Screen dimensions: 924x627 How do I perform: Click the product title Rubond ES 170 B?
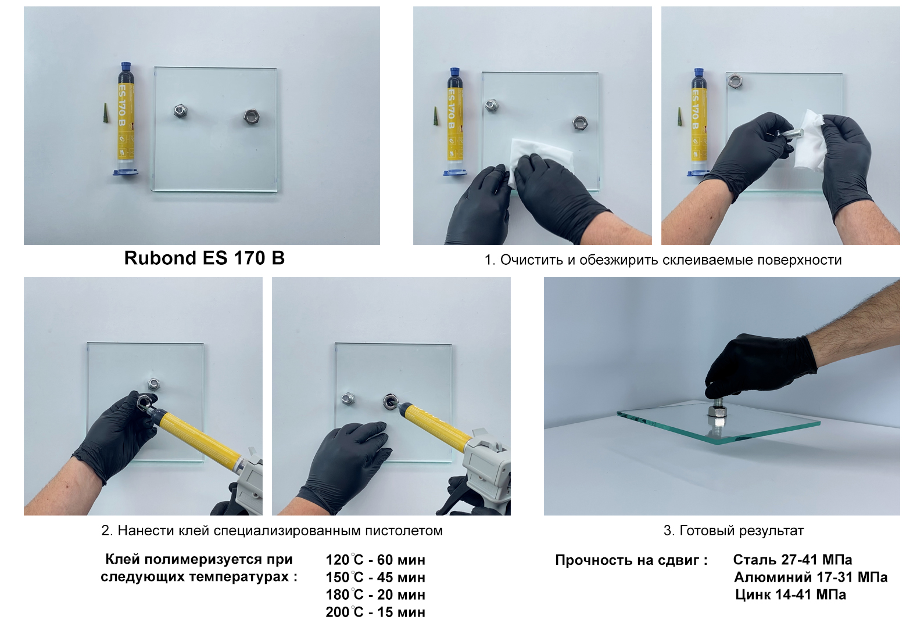tap(204, 258)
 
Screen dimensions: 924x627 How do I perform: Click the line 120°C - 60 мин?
tap(375, 560)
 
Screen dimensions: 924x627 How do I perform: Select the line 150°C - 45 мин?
tap(375, 577)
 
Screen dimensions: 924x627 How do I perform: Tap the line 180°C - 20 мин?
tap(375, 594)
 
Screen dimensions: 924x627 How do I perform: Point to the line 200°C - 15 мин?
tap(375, 612)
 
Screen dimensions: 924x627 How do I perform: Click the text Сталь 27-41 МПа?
tap(793, 560)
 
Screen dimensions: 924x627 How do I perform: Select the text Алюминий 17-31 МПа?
tap(811, 577)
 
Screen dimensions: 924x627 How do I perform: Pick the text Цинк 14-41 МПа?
tap(790, 594)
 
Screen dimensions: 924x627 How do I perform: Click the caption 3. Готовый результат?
tap(733, 531)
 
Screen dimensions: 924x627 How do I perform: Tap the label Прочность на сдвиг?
tap(631, 560)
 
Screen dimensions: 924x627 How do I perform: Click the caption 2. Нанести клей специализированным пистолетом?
tap(272, 531)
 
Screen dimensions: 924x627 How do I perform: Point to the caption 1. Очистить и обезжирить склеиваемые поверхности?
tap(663, 260)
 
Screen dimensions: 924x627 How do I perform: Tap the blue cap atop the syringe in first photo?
tap(126, 66)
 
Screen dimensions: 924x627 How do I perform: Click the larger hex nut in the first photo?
tap(251, 117)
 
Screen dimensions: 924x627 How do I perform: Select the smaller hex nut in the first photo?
tap(180, 111)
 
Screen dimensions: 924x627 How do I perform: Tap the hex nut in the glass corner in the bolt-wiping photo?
tap(735, 81)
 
